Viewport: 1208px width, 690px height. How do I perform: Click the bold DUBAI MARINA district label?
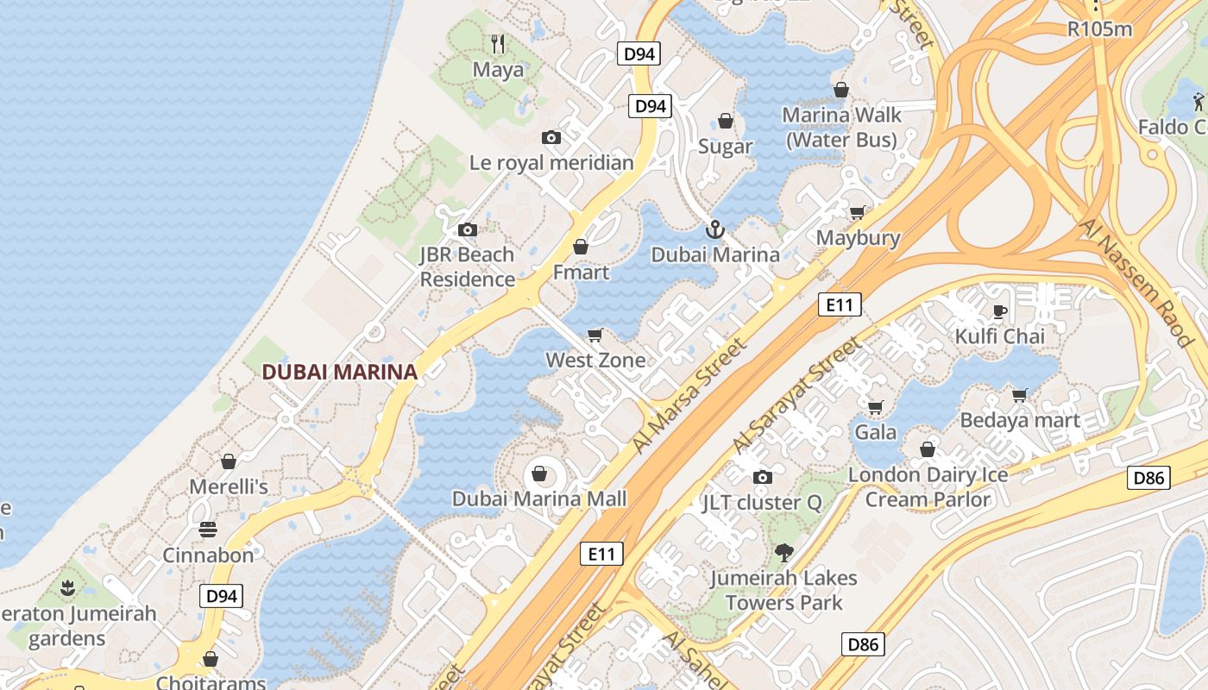coord(339,372)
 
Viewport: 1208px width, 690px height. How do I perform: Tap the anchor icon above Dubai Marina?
coord(714,229)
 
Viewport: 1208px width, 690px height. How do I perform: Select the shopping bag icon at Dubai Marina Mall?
coord(539,474)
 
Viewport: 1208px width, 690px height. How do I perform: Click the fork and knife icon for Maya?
coord(498,43)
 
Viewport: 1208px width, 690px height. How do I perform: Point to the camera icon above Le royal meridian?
coord(551,137)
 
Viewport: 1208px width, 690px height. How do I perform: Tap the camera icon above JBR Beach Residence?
coord(468,229)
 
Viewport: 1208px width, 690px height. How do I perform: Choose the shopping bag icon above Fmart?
coord(581,248)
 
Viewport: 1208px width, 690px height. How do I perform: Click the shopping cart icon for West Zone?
coord(595,335)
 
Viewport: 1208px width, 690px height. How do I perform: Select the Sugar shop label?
coord(725,147)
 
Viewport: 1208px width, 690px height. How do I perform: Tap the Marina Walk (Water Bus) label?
coord(841,127)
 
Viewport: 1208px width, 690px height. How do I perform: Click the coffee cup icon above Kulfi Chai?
coord(1000,311)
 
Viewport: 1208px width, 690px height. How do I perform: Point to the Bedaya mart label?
coord(1020,420)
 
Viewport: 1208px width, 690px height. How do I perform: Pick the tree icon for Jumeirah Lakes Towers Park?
coord(783,553)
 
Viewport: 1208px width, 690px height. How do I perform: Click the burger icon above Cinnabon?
coord(208,529)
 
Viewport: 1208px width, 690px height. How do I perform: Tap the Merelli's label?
coord(229,486)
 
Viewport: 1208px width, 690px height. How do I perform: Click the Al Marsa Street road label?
coord(688,396)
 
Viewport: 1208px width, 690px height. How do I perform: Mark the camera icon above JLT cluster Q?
coord(762,477)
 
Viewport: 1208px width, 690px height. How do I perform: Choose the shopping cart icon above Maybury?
coord(858,212)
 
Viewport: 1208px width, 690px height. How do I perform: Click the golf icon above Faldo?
coord(1199,103)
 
